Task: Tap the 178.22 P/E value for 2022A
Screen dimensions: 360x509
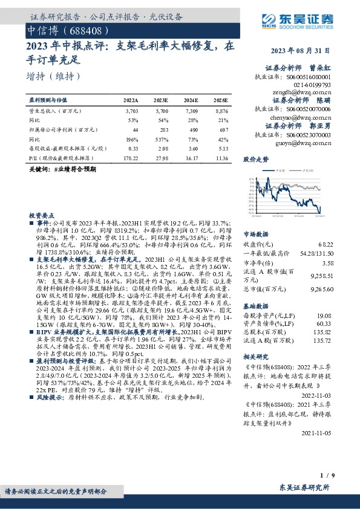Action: tap(131, 158)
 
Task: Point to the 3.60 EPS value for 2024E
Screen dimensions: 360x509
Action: tap(191, 149)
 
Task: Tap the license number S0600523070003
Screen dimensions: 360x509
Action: tap(309, 135)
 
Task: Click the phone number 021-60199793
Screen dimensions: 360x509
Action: tap(313, 86)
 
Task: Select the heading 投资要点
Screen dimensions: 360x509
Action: tap(41, 215)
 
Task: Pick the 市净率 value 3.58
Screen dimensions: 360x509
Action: tap(327, 264)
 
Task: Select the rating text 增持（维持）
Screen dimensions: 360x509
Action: tap(54, 77)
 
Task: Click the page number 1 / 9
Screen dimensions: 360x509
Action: tap(325, 476)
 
